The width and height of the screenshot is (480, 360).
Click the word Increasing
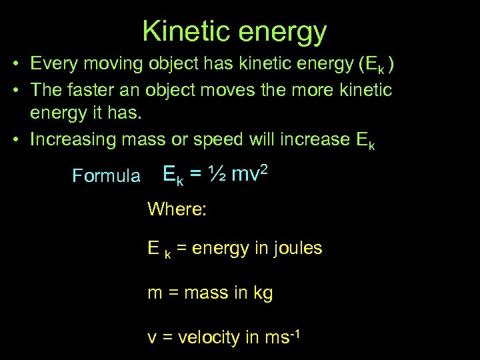pos(74,140)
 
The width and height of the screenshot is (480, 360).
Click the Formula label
pos(106,177)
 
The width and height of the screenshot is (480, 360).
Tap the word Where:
pos(177,209)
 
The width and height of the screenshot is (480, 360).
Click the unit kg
pos(262,293)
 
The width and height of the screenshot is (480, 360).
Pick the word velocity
pos(207,337)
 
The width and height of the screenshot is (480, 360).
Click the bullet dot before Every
pos(14,64)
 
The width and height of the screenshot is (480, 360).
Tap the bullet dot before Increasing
pos(14,140)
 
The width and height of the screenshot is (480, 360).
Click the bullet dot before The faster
pos(14,89)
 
